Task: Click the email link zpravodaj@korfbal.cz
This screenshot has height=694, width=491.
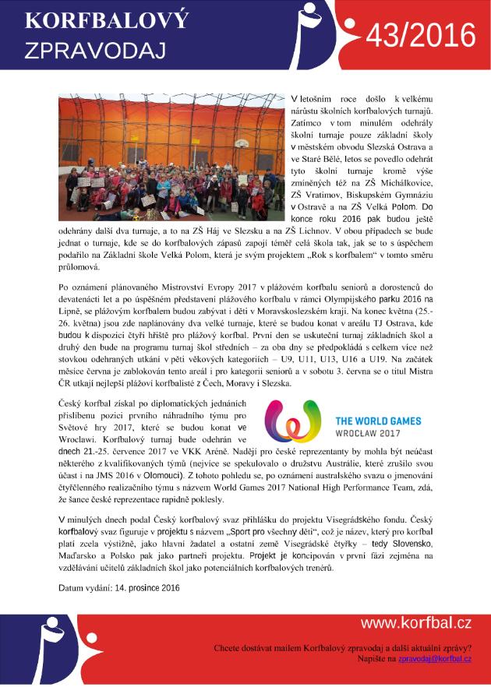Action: [435, 659]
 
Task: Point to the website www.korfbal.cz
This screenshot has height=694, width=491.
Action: [415, 623]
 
